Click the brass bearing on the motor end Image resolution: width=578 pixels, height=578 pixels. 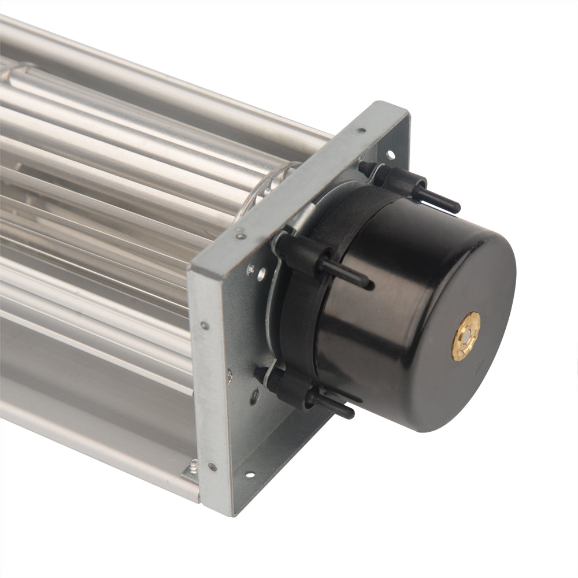tap(465, 336)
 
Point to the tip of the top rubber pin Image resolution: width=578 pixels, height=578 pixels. tap(455, 206)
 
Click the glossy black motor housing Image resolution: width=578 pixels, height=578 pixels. tap(416, 301)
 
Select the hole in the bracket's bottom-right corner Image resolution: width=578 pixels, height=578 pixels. tap(250, 475)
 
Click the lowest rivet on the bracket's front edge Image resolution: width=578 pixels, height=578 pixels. tap(212, 466)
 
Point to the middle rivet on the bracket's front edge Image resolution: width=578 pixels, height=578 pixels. tap(204, 326)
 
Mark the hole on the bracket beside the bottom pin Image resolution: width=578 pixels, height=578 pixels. tap(254, 397)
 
